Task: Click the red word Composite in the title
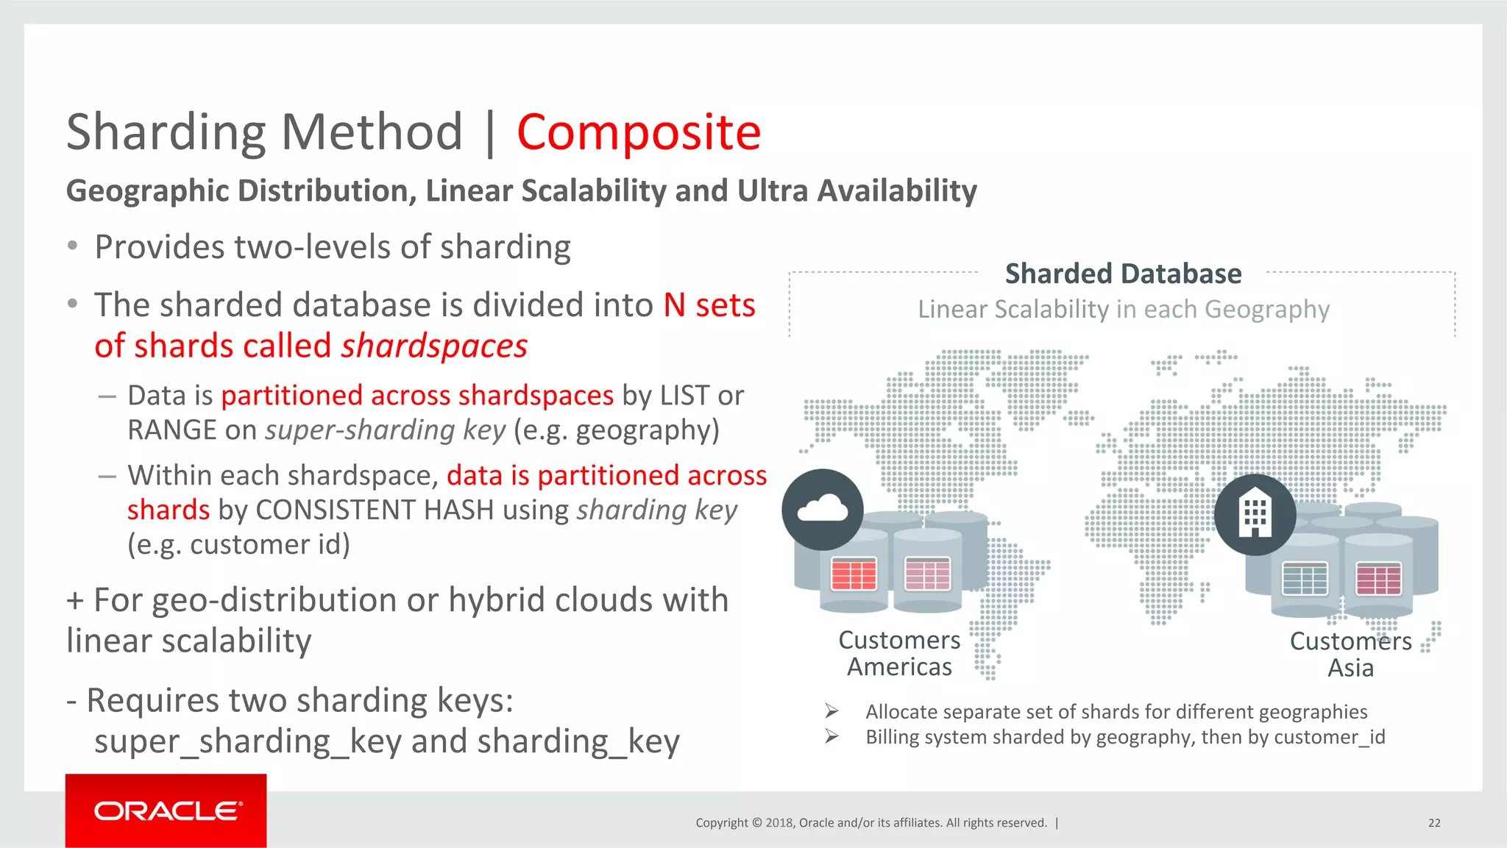[x=638, y=132]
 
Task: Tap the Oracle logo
[x=166, y=810]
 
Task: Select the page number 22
[x=1434, y=823]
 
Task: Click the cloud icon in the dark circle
[x=823, y=509]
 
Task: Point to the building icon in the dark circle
[x=1255, y=514]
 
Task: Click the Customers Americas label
[x=899, y=653]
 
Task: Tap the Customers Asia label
[x=1350, y=654]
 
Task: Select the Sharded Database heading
[x=1123, y=274]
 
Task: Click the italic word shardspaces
[x=434, y=346]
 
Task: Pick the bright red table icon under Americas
[x=854, y=574]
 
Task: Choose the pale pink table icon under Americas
[x=927, y=574]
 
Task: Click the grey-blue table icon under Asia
[x=1305, y=579]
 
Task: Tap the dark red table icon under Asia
[x=1378, y=579]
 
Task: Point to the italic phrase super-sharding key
[x=385, y=430]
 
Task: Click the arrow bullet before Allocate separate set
[x=831, y=711]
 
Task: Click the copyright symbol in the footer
[x=756, y=823]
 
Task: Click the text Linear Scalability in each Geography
[x=1123, y=310]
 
